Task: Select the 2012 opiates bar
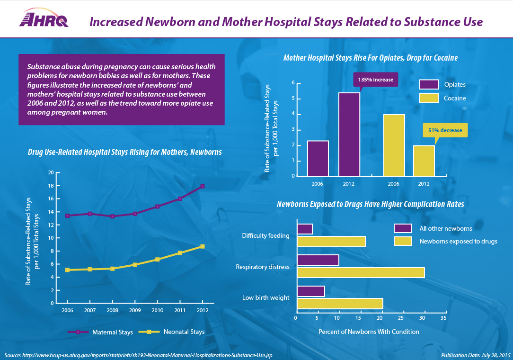(349, 135)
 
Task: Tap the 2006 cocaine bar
(394, 145)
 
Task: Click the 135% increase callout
(376, 79)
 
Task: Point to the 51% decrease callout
(445, 130)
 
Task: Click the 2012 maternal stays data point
(203, 186)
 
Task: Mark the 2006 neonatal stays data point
(68, 270)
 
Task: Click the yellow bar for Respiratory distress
(361, 273)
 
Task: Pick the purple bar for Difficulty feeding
(305, 229)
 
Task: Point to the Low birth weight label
(265, 298)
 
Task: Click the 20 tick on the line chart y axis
(51, 172)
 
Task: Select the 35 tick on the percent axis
(443, 318)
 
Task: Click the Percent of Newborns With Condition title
(369, 332)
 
